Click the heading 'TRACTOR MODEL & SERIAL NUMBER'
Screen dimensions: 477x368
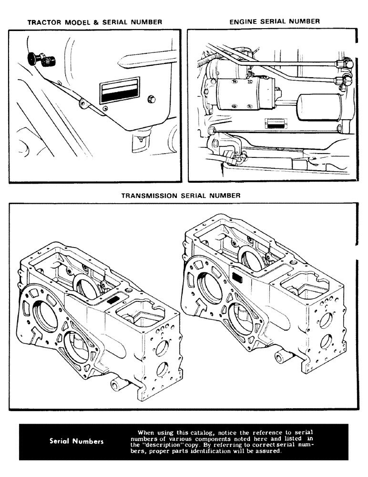coord(94,22)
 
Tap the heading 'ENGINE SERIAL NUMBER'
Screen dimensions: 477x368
coord(274,21)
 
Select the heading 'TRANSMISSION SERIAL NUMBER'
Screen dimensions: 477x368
coord(181,196)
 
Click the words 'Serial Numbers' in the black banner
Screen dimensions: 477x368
coord(76,441)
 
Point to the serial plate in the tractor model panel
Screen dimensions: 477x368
coord(119,91)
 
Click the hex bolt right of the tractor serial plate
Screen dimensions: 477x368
coord(152,98)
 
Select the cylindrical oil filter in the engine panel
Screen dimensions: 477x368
coord(318,109)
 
